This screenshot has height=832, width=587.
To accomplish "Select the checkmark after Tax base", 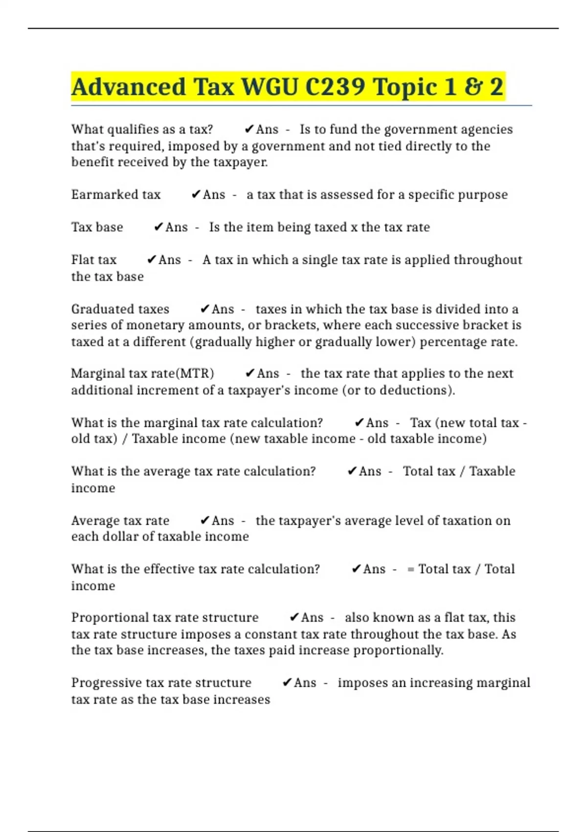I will click(x=158, y=227).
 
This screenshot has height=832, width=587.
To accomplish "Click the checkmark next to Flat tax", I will click(x=152, y=259).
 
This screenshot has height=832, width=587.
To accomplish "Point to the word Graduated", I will click(x=103, y=309).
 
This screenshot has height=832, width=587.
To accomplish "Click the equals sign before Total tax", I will click(x=410, y=570).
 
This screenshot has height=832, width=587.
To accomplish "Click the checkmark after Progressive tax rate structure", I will click(x=287, y=683).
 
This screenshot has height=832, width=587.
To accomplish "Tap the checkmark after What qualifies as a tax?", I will click(x=248, y=130).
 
